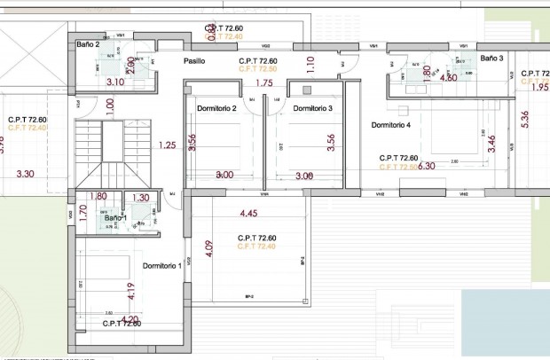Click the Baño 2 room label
tap(87, 43)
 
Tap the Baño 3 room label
tap(492, 58)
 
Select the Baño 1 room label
tap(115, 217)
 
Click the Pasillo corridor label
tap(194, 61)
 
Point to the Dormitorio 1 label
tap(161, 265)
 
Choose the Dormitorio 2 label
tap(216, 108)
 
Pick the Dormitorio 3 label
tap(312, 108)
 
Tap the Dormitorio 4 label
tap(391, 125)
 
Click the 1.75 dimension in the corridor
tap(263, 83)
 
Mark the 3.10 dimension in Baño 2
tap(114, 82)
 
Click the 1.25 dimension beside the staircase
tap(166, 145)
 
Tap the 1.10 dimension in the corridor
tap(310, 64)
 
